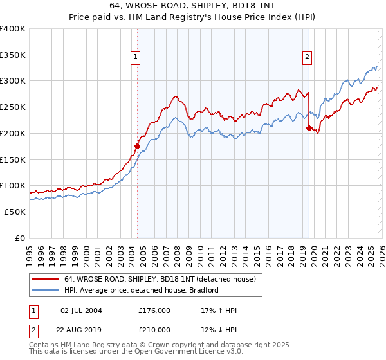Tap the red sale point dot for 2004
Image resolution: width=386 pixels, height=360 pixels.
pos(137,146)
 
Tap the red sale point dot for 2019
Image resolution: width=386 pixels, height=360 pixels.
pos(309,128)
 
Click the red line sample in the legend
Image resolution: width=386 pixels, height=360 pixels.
pos(46,280)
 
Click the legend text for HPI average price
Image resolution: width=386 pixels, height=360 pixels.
pos(142,290)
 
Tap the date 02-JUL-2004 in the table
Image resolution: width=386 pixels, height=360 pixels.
pos(81,310)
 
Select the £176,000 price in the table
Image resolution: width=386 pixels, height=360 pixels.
pos(154,310)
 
